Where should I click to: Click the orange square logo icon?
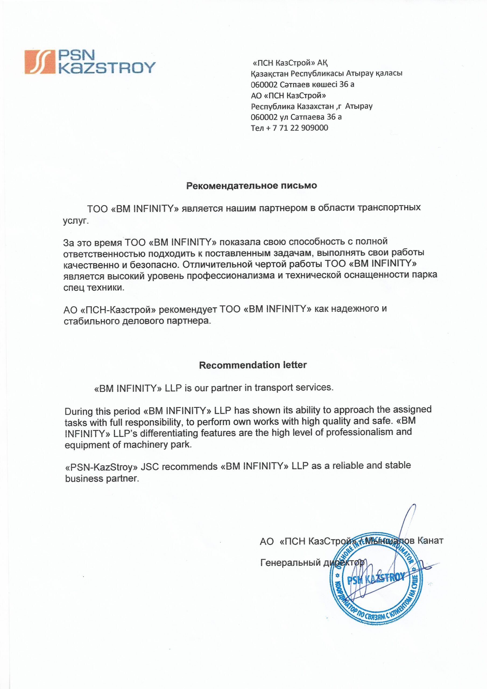coord(39,62)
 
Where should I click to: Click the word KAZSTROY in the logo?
coord(107,68)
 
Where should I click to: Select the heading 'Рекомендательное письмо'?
coord(252,186)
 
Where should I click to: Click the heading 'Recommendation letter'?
coord(253,365)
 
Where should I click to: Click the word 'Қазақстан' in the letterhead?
coord(270,73)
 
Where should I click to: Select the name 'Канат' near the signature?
coord(430,541)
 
